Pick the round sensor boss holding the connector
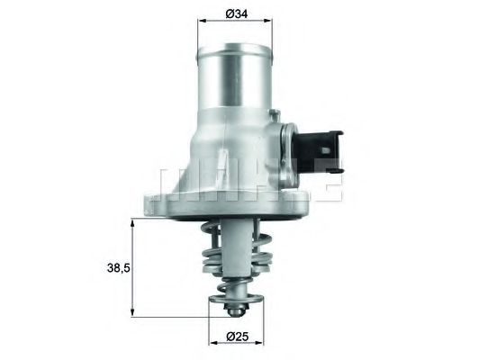coord(286,143)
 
